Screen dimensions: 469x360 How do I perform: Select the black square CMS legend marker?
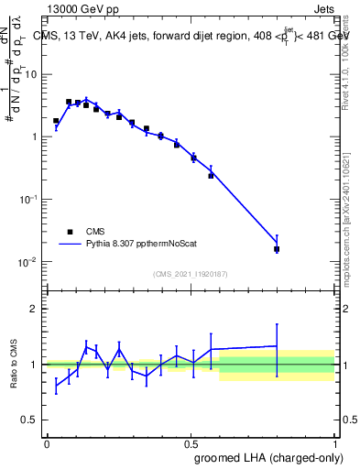click(67, 231)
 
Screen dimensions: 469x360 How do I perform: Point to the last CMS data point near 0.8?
click(277, 248)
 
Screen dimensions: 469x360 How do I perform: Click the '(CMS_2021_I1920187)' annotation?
click(191, 274)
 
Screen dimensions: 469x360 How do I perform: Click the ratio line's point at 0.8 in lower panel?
click(277, 346)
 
